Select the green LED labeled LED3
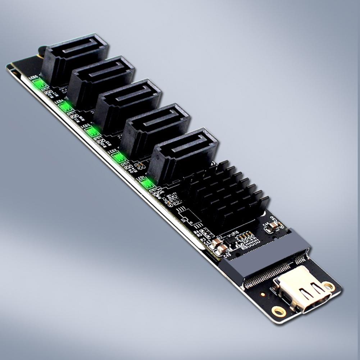point(92,132)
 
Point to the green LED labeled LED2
point(119,158)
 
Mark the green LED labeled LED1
point(147,184)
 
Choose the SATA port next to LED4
point(101,81)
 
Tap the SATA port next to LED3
point(128,104)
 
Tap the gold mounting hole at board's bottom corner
point(279,311)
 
